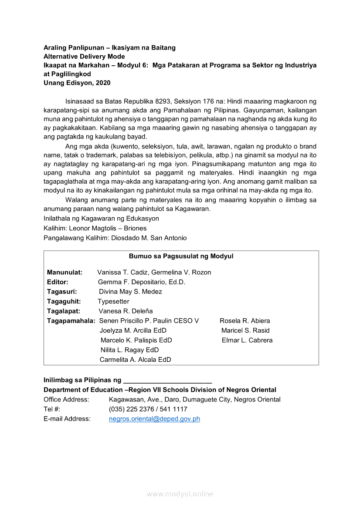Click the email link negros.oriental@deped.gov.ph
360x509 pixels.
pyautogui.click(x=154, y=419)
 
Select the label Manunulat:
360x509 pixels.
pyautogui.click(x=65, y=272)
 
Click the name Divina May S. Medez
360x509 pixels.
pyautogui.click(x=130, y=292)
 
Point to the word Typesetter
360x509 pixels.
pyautogui.click(x=113, y=301)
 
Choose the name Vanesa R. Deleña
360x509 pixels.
pyautogui.click(x=126, y=311)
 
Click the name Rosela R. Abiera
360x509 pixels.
pyautogui.click(x=245, y=321)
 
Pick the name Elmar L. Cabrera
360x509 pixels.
pyautogui.click(x=247, y=340)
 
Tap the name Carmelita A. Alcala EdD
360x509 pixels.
pyautogui.click(x=135, y=360)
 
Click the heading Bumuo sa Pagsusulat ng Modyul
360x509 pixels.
pyautogui.click(x=181, y=256)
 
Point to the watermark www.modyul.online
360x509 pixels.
pyautogui.click(x=180, y=494)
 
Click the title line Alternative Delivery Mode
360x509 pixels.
pyautogui.click(x=84, y=57)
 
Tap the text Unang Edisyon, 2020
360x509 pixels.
pyautogui.click(x=77, y=83)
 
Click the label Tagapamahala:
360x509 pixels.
pyautogui.click(x=71, y=321)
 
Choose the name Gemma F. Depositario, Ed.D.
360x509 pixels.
pyautogui.click(x=142, y=282)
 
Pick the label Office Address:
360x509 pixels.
pyautogui.click(x=66, y=399)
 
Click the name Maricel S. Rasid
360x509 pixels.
pyautogui.click(x=245, y=330)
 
